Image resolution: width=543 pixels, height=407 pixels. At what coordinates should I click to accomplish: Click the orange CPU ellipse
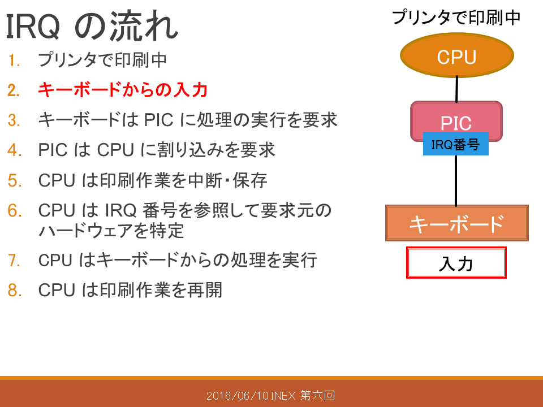point(457,55)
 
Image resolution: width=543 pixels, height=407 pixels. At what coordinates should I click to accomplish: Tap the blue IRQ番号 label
point(456,144)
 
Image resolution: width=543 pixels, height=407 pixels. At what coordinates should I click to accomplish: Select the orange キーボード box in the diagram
point(457,223)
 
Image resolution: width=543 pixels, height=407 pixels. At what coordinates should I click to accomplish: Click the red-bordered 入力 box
point(456,263)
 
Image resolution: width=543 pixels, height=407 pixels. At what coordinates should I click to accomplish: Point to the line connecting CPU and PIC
point(457,89)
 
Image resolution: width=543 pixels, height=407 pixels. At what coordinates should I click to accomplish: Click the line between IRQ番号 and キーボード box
point(456,180)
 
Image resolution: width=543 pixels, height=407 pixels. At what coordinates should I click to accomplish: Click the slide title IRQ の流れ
point(92,25)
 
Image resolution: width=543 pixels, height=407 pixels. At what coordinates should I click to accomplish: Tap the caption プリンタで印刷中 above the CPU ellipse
point(456,18)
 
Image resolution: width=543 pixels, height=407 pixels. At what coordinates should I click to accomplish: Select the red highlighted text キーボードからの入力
point(123,90)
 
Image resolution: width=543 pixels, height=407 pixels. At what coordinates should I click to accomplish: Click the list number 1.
point(14,60)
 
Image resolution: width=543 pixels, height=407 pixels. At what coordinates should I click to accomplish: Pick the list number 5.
point(15,181)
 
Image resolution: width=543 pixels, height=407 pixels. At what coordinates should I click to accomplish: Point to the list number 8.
point(15,290)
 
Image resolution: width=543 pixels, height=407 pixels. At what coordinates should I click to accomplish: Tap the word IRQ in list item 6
point(121,210)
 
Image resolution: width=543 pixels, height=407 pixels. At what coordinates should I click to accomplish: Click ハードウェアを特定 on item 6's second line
point(111,231)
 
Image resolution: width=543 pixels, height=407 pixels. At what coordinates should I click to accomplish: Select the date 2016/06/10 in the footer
point(238,395)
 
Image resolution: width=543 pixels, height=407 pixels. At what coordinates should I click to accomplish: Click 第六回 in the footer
point(317,395)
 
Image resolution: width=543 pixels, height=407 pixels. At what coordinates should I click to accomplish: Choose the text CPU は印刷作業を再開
point(130,290)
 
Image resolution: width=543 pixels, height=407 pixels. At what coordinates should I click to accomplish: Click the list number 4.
point(15,150)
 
